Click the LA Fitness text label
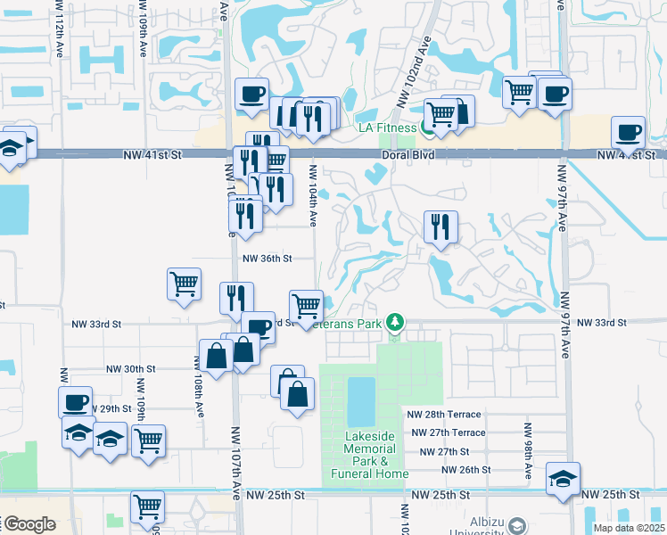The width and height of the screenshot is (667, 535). click(387, 128)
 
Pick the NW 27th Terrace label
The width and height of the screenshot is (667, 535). click(449, 432)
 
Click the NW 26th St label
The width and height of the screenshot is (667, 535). click(465, 470)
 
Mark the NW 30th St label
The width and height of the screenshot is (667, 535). click(131, 368)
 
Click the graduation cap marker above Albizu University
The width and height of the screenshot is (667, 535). click(564, 479)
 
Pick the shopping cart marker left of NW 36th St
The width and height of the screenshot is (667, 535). click(184, 284)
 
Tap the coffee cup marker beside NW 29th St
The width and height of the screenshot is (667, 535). click(76, 402)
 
